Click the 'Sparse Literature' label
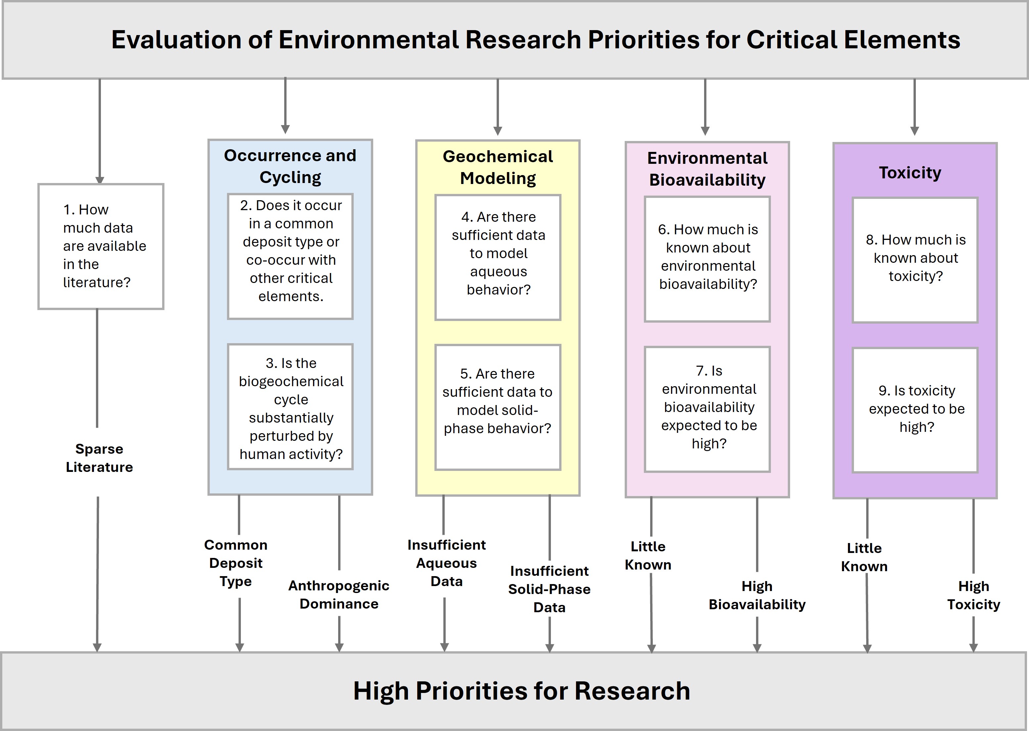tap(100, 458)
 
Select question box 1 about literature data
tap(101, 246)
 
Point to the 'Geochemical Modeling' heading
tap(498, 167)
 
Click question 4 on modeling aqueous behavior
tap(498, 257)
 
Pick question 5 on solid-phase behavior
tap(498, 407)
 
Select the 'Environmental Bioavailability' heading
tap(707, 169)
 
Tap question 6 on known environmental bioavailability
tap(708, 259)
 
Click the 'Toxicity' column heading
tap(910, 172)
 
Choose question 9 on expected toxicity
tap(916, 410)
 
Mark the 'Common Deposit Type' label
tap(236, 563)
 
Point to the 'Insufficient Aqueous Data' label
tap(446, 563)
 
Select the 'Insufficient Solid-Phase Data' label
tap(549, 589)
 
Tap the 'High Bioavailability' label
tap(757, 595)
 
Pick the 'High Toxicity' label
tap(974, 595)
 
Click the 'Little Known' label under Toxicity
tap(864, 557)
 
